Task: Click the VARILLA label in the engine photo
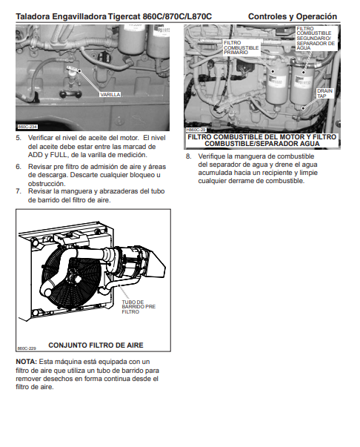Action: pyautogui.click(x=110, y=95)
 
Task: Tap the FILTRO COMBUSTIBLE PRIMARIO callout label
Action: pyautogui.click(x=241, y=47)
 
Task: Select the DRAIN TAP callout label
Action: pyautogui.click(x=324, y=93)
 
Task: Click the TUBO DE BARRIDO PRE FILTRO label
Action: pyautogui.click(x=139, y=307)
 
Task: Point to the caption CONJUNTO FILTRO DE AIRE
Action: pyautogui.click(x=96, y=345)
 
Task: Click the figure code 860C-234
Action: pyautogui.click(x=27, y=127)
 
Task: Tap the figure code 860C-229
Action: pyautogui.click(x=27, y=348)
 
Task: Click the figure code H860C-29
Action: pyautogui.click(x=196, y=130)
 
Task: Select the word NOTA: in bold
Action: pyautogui.click(x=26, y=362)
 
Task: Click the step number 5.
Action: pyautogui.click(x=19, y=138)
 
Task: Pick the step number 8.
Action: pyautogui.click(x=188, y=156)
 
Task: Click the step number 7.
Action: pyautogui.click(x=19, y=191)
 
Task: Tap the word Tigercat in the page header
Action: pyautogui.click(x=124, y=16)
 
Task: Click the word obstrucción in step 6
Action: pyautogui.click(x=47, y=183)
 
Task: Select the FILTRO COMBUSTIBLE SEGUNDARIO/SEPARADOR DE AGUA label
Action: pyautogui.click(x=316, y=39)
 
